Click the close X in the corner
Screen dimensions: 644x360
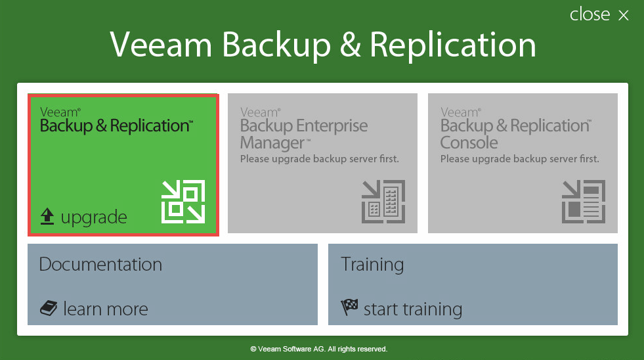(624, 15)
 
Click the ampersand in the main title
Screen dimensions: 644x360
(351, 45)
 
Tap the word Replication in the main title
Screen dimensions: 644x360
(453, 46)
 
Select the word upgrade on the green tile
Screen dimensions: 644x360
(94, 217)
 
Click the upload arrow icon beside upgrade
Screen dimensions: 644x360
(47, 216)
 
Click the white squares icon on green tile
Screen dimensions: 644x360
(183, 202)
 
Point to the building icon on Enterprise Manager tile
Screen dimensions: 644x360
(383, 202)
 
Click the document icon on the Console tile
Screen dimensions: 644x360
(584, 202)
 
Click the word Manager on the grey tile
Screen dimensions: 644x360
(272, 143)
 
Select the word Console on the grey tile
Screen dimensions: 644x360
(469, 143)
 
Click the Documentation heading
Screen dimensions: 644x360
(100, 264)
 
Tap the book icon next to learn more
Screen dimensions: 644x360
(49, 308)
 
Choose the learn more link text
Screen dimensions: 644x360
(106, 309)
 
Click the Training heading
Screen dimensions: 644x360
(372, 265)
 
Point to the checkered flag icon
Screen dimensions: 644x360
(349, 307)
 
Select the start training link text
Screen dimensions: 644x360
(413, 309)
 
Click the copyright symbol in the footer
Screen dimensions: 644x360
(253, 349)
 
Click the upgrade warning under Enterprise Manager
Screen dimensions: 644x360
(320, 159)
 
